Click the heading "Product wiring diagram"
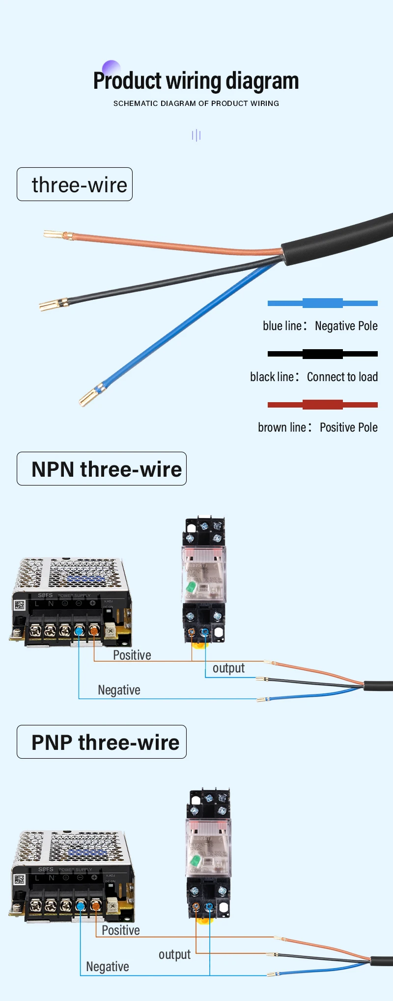click(x=196, y=81)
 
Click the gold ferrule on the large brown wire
click(x=58, y=235)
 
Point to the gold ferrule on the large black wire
click(x=53, y=305)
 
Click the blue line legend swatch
click(x=322, y=303)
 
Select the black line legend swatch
click(x=322, y=354)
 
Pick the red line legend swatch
click(x=322, y=405)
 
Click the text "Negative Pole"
click(x=346, y=326)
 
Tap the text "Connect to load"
click(x=342, y=377)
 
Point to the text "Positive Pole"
click(x=348, y=428)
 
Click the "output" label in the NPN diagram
click(x=228, y=668)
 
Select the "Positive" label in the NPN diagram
click(x=132, y=655)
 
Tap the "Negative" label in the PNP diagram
click(x=108, y=967)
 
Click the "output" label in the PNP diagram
click(x=174, y=955)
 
